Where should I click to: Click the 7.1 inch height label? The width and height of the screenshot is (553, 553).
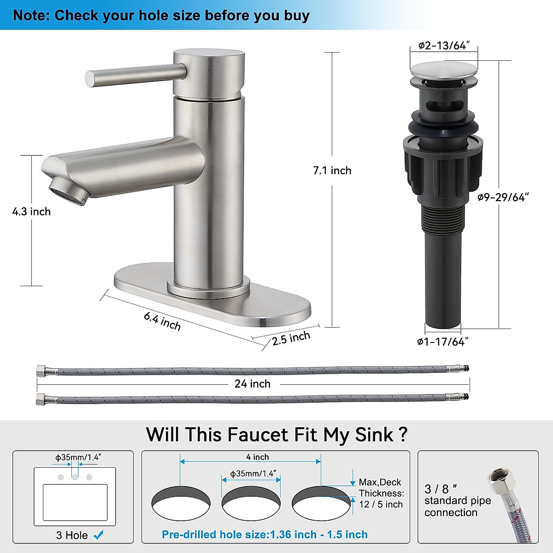[x=332, y=171]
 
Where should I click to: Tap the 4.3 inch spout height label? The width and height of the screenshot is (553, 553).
[x=31, y=212]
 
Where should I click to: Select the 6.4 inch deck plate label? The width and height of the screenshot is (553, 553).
[x=162, y=321]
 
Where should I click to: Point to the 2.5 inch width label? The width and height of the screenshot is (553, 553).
[x=291, y=338]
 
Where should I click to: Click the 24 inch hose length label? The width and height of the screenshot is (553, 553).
[x=252, y=383]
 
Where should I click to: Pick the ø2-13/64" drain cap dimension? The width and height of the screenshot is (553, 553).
[x=444, y=45]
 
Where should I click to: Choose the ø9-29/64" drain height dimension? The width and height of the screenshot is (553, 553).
[x=503, y=197]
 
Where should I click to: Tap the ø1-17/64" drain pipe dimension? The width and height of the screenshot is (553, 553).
[x=443, y=341]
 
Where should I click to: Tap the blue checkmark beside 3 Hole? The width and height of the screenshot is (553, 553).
[x=98, y=535]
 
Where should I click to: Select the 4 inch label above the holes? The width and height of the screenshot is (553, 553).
[x=258, y=457]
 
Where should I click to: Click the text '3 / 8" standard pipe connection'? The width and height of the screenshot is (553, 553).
[x=457, y=500]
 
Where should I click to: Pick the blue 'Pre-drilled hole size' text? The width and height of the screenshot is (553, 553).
[x=265, y=535]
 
